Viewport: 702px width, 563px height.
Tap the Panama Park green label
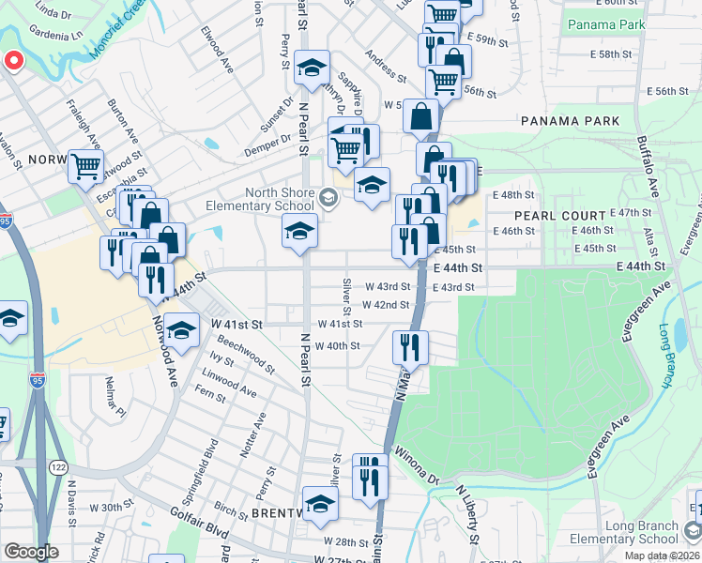coord(605,23)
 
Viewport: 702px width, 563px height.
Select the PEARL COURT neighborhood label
coord(559,215)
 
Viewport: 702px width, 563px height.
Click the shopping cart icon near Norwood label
coord(85,166)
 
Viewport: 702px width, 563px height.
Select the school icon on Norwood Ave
coord(185,328)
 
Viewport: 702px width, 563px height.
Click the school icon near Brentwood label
coord(320,504)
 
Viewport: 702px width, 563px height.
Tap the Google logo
coord(31,552)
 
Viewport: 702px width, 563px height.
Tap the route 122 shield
coord(59,466)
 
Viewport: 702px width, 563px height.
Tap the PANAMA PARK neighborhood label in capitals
coord(570,121)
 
